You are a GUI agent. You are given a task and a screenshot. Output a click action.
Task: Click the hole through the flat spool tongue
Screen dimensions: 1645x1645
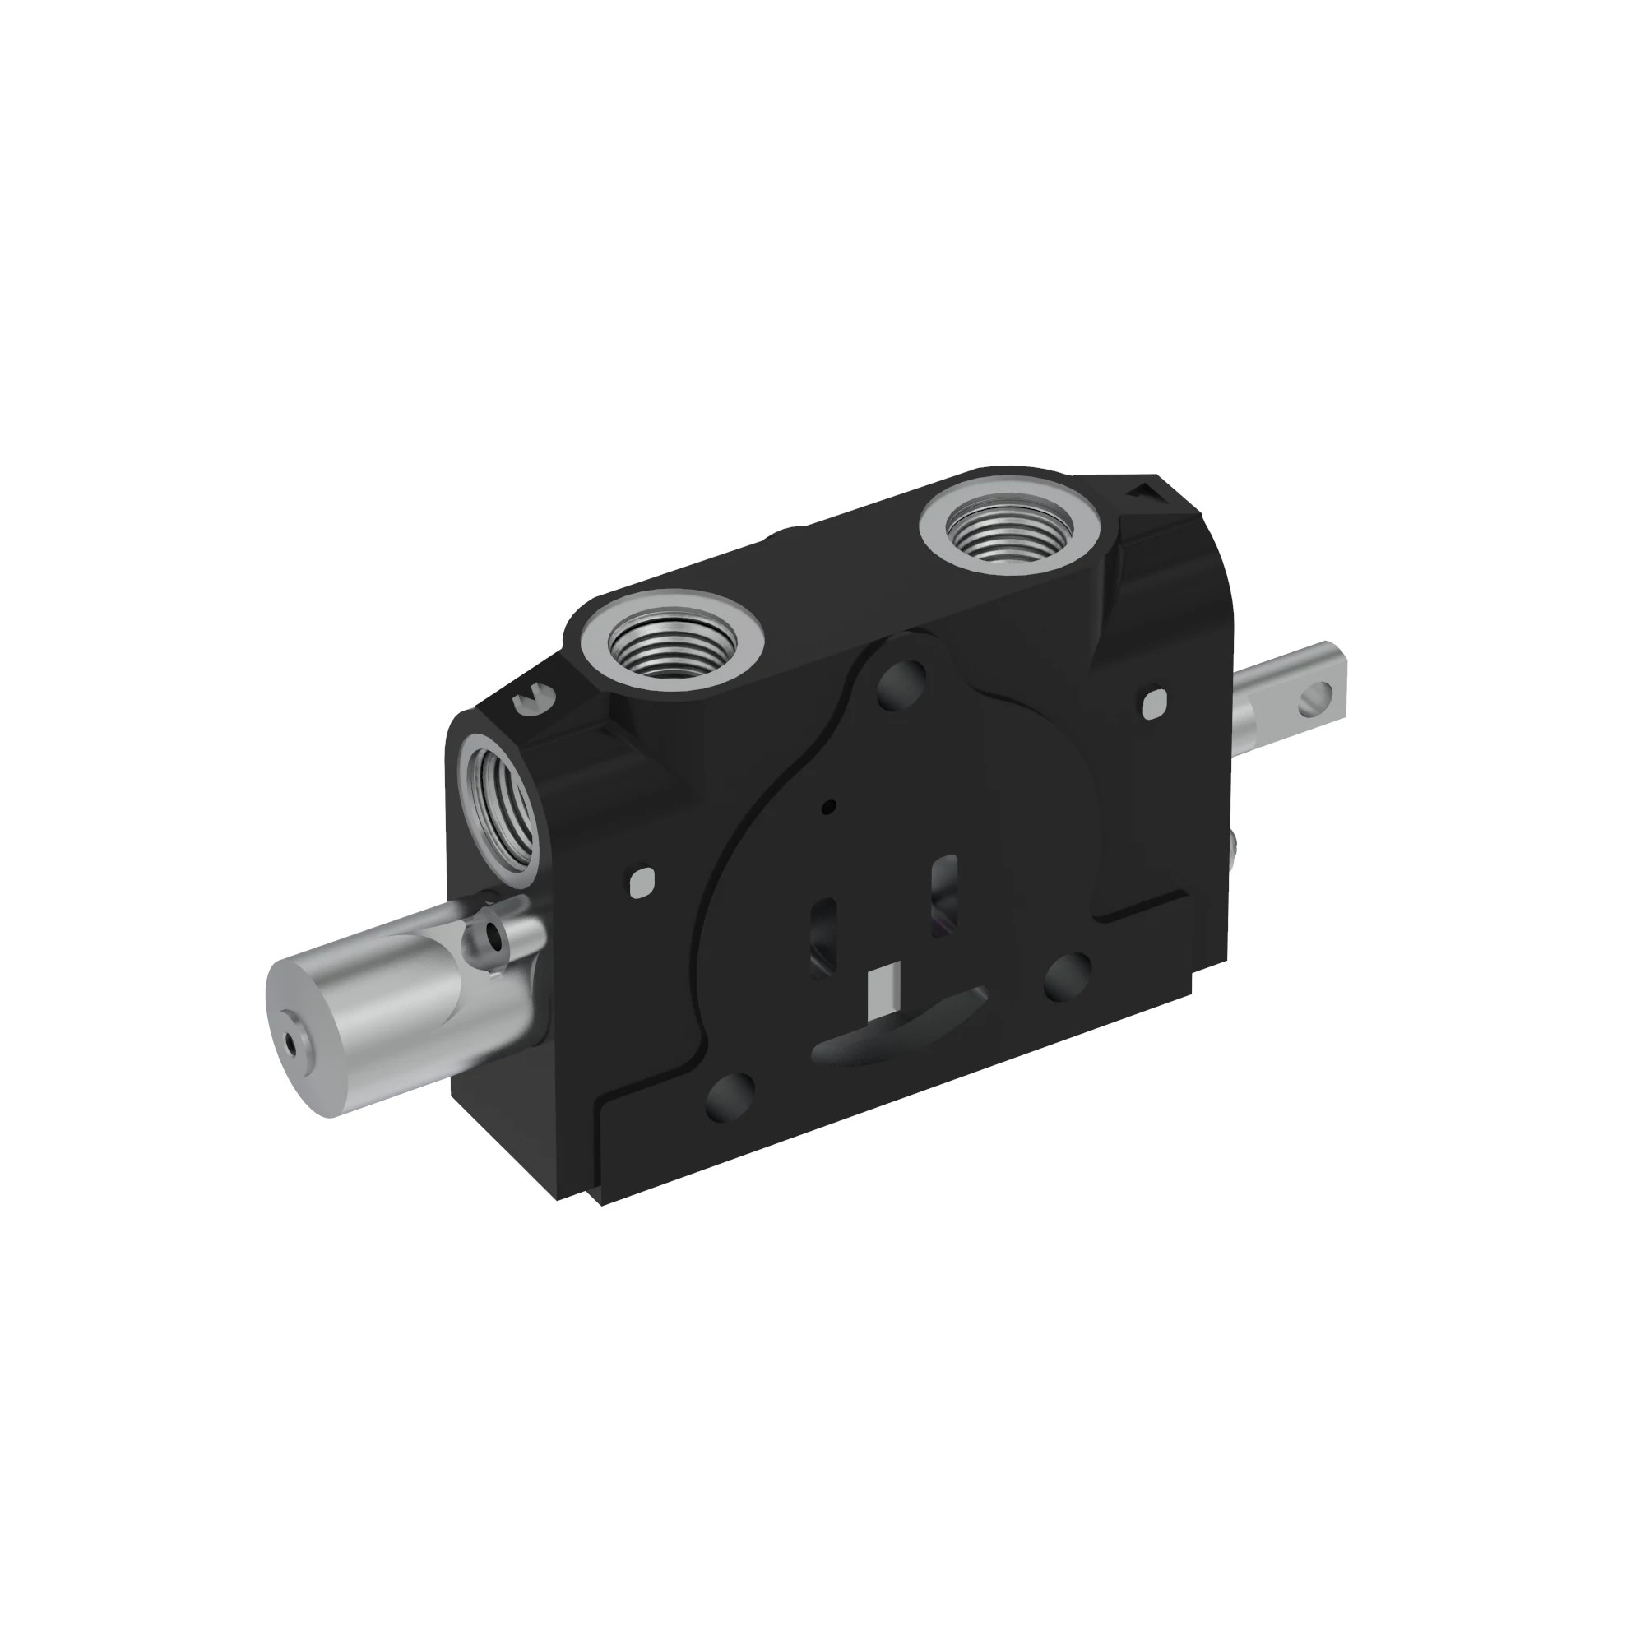[1315, 695]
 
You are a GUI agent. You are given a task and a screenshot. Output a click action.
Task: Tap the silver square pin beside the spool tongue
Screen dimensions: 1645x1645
[1154, 703]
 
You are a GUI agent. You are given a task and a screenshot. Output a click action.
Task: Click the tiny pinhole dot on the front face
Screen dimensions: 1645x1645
[832, 805]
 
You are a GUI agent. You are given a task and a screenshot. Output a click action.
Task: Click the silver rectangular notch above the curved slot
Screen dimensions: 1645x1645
[883, 991]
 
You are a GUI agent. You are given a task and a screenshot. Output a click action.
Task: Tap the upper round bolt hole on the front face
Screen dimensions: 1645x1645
[901, 683]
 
